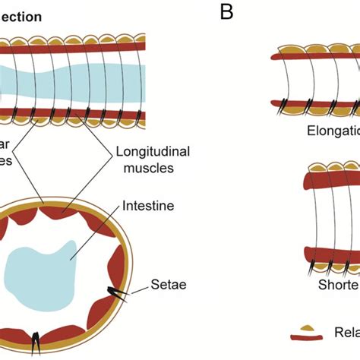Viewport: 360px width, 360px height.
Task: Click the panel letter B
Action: click(226, 12)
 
